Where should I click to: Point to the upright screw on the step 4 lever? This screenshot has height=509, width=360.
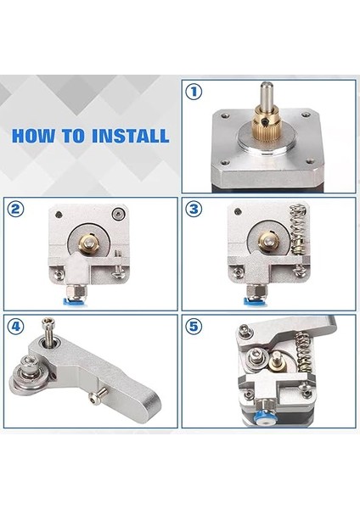point(48,338)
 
